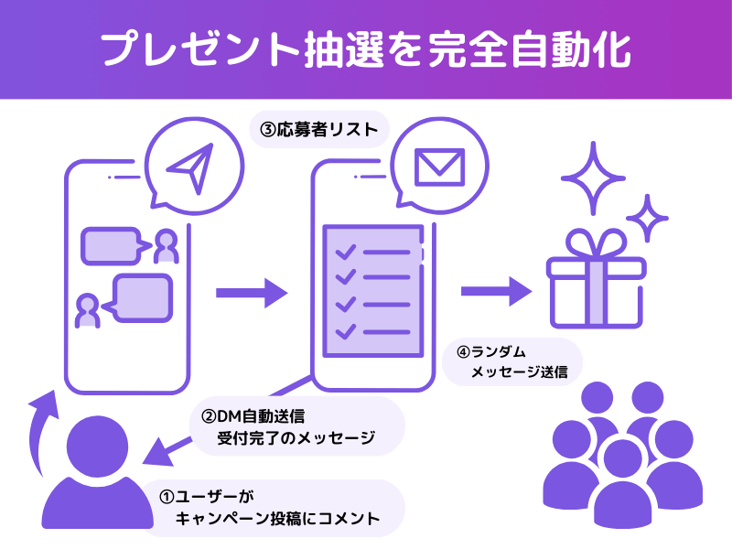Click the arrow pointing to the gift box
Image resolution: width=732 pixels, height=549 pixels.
click(x=495, y=291)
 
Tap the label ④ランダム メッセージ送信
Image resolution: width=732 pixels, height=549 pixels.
click(x=512, y=362)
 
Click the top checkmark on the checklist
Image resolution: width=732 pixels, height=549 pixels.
click(x=345, y=252)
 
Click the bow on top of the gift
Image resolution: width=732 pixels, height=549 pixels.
click(x=596, y=244)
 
